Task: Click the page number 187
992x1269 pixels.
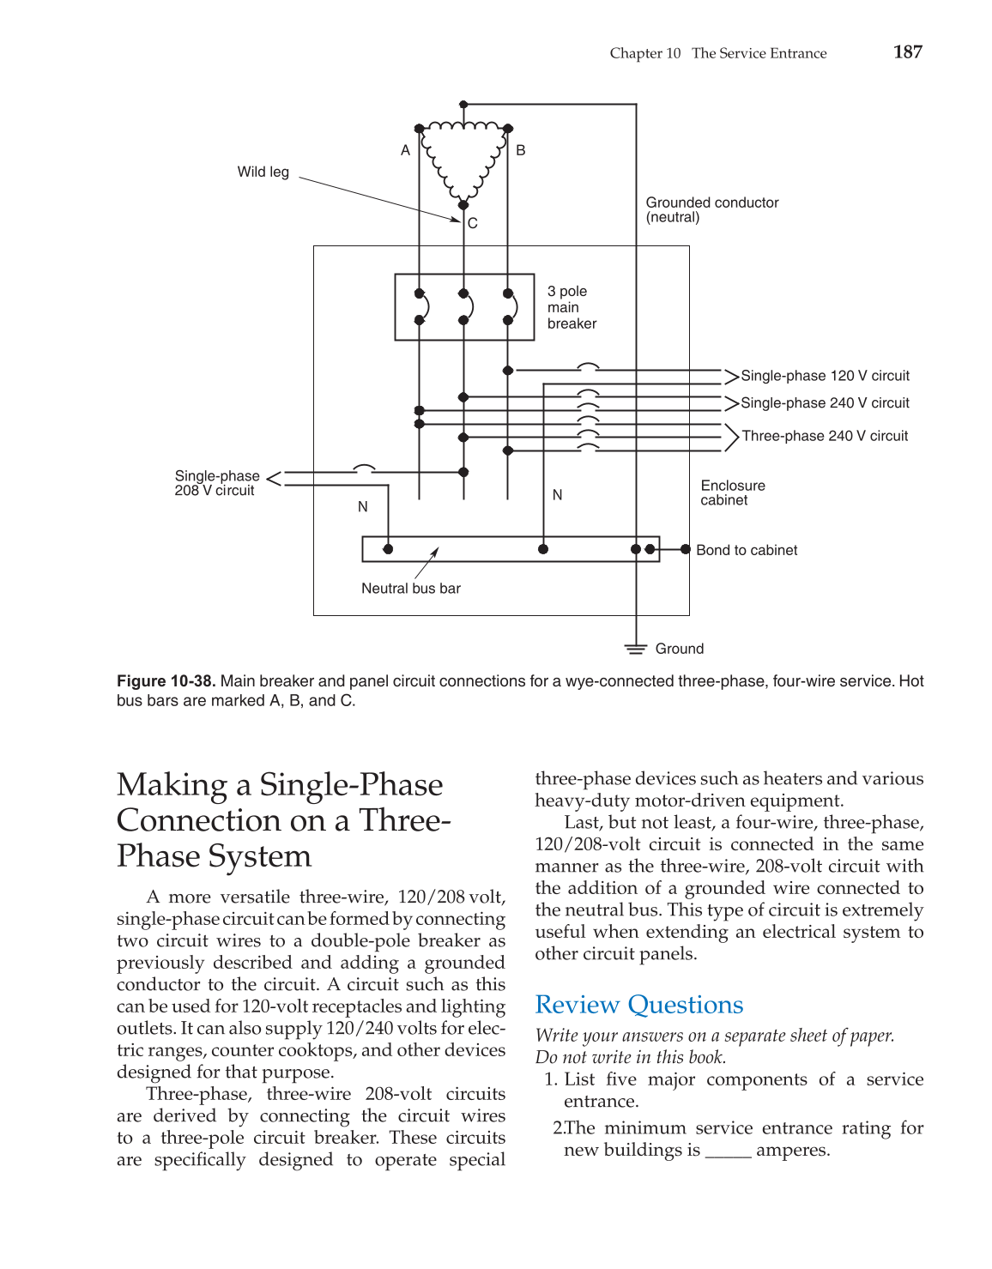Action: click(x=907, y=52)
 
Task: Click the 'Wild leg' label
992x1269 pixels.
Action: click(x=263, y=172)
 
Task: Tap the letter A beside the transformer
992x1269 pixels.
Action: click(x=405, y=150)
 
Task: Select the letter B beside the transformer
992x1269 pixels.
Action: click(x=520, y=150)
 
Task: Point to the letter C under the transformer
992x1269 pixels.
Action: click(x=473, y=223)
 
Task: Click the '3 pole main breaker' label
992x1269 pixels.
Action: click(x=572, y=307)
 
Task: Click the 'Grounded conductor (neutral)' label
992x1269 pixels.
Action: click(x=711, y=209)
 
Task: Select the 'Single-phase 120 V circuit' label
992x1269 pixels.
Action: click(x=824, y=376)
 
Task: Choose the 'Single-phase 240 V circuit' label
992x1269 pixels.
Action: click(x=824, y=403)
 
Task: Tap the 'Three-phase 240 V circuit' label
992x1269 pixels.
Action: click(x=824, y=436)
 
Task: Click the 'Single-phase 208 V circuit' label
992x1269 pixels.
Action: click(x=216, y=483)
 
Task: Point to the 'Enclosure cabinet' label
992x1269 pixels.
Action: click(x=732, y=492)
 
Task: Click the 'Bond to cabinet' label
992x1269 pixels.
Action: click(x=746, y=550)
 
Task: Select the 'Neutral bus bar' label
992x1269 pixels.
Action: click(x=410, y=589)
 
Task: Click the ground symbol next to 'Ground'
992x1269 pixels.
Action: click(x=635, y=649)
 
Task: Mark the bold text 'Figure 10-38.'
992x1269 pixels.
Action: click(x=166, y=681)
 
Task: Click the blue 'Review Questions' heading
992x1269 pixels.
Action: click(x=638, y=1005)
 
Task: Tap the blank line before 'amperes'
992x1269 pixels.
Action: click(x=728, y=1151)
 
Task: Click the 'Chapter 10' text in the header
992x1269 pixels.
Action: click(x=644, y=53)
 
